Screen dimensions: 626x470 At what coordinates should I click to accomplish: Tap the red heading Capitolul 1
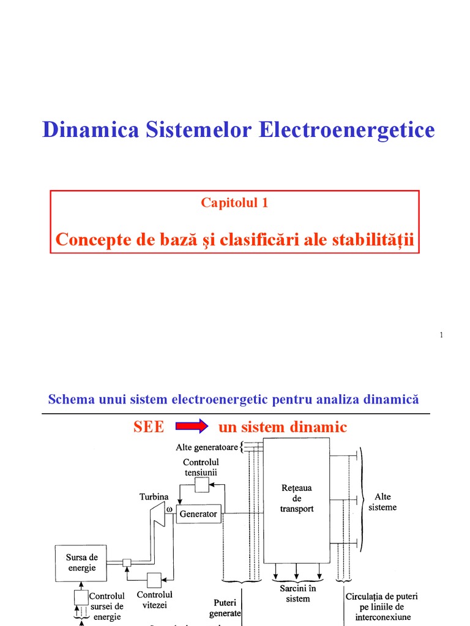pyautogui.click(x=234, y=203)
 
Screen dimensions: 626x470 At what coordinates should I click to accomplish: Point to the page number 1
pyautogui.click(x=441, y=334)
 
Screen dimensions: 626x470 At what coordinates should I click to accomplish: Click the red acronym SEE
pyautogui.click(x=149, y=427)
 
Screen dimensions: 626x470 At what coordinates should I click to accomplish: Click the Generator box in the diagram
pyautogui.click(x=198, y=514)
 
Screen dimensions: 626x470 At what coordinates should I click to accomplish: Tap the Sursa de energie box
pyautogui.click(x=81, y=562)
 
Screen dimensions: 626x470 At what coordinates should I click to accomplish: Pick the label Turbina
pyautogui.click(x=153, y=498)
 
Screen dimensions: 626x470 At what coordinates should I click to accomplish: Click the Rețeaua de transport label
pyautogui.click(x=296, y=498)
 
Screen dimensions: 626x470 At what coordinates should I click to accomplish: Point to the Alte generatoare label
pyautogui.click(x=206, y=447)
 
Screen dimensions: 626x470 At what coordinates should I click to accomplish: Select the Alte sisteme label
pyautogui.click(x=386, y=502)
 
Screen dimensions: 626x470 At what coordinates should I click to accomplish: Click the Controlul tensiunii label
pyautogui.click(x=201, y=467)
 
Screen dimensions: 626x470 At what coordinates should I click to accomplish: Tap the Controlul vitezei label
pyautogui.click(x=154, y=600)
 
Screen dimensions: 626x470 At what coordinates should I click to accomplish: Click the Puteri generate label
pyautogui.click(x=225, y=608)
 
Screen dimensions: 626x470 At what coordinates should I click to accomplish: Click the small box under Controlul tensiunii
pyautogui.click(x=201, y=485)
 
